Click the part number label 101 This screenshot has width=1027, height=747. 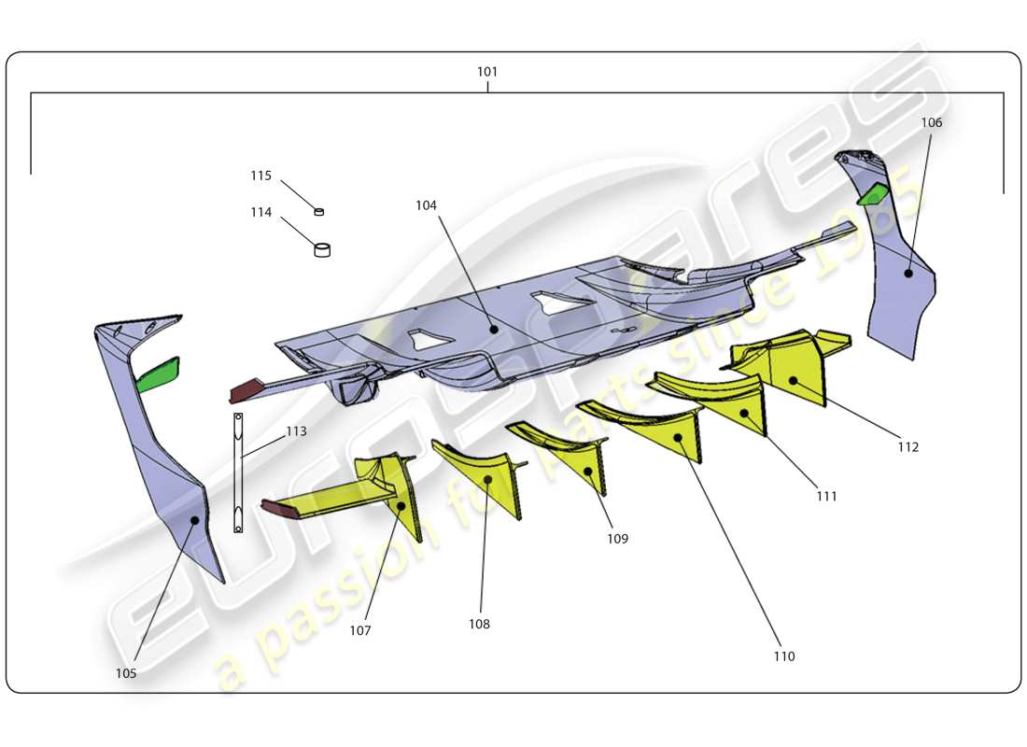[487, 72]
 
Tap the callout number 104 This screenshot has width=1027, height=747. [426, 204]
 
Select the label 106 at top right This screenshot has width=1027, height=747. [931, 122]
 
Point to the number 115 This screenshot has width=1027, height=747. [260, 176]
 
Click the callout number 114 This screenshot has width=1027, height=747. [260, 212]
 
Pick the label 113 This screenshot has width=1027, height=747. [295, 431]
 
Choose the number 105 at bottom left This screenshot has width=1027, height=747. [126, 673]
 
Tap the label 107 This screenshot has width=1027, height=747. [360, 630]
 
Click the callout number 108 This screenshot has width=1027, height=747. [479, 624]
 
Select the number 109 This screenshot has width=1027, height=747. [616, 539]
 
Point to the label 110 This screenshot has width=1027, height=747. [783, 656]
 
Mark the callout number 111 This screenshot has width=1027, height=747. [825, 497]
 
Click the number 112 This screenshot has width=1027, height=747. [907, 447]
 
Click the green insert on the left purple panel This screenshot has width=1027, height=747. [159, 373]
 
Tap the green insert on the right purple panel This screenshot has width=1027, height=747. [875, 193]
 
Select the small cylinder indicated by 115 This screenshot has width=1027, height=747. [319, 212]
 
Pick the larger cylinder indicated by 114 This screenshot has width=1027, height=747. [322, 249]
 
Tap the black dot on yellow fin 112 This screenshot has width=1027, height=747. [795, 380]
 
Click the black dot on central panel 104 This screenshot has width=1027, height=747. [493, 328]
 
